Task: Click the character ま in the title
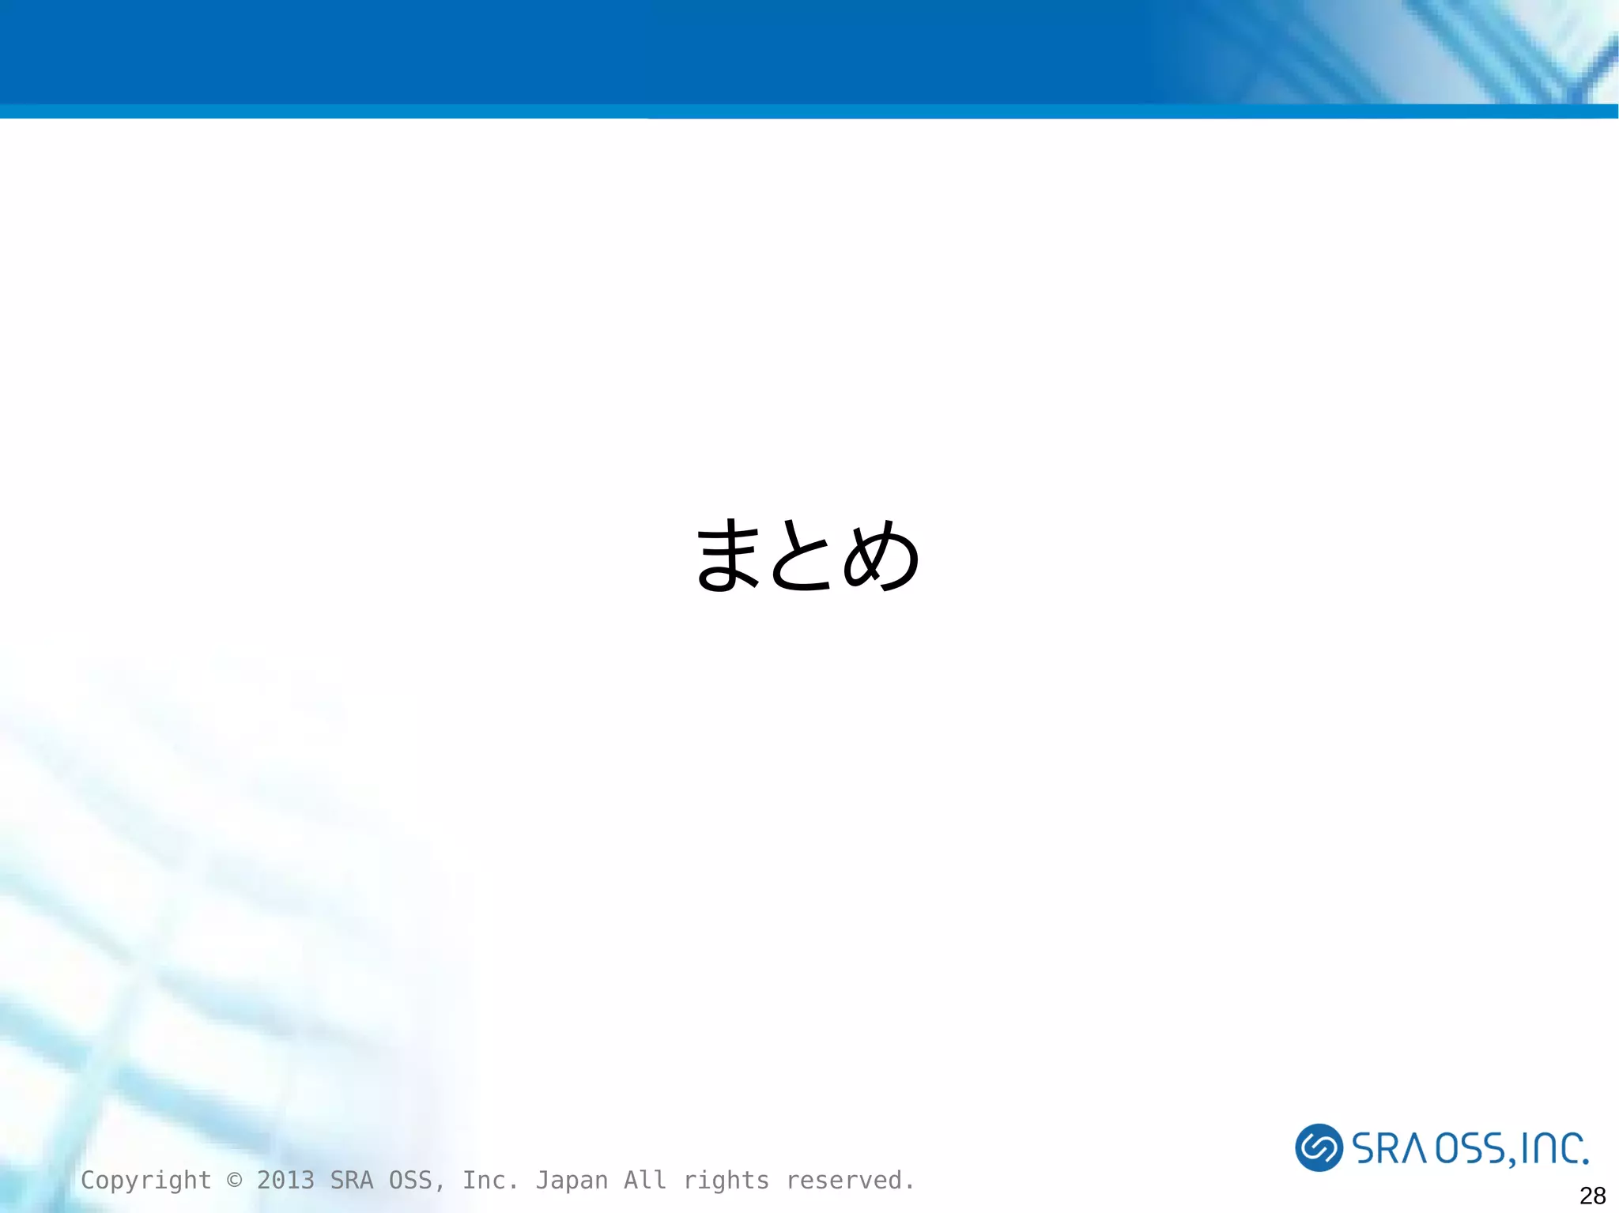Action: (x=728, y=556)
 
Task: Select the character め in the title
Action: (x=881, y=556)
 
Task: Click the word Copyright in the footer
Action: (x=146, y=1181)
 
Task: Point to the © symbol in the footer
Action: (x=234, y=1180)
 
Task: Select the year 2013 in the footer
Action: (x=285, y=1180)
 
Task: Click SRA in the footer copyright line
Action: (x=352, y=1180)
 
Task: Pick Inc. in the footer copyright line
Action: (x=490, y=1180)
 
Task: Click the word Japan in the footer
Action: (x=572, y=1180)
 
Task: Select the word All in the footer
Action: (x=645, y=1180)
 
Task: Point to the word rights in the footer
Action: (x=726, y=1181)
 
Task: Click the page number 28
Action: (x=1592, y=1195)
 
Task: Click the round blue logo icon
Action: (x=1319, y=1147)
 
